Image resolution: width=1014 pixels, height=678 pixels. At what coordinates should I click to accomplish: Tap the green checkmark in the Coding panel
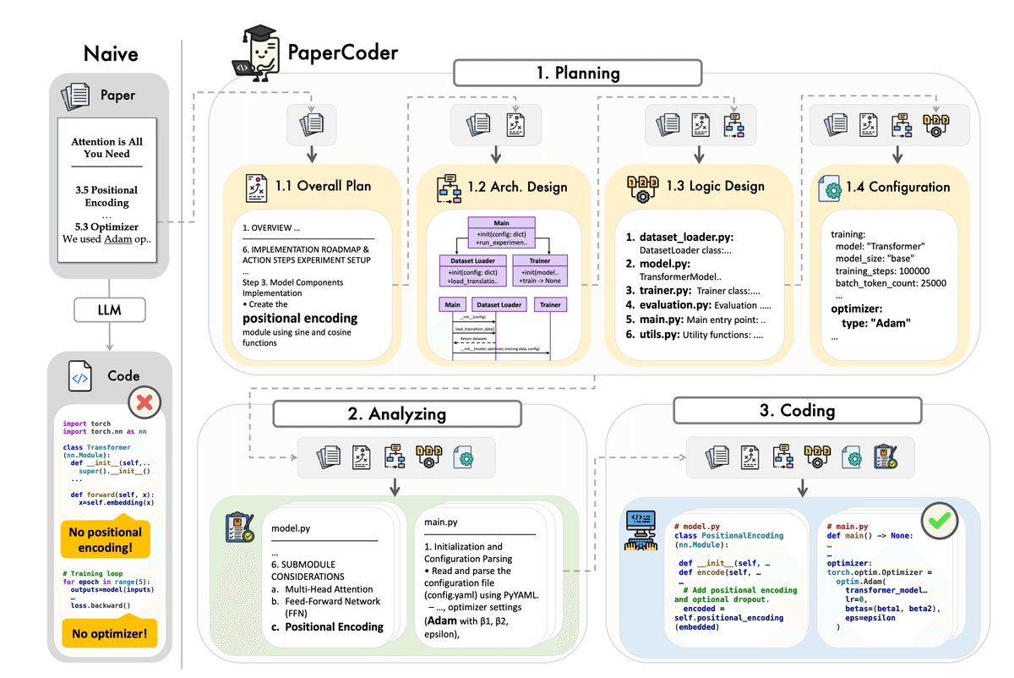coord(938,522)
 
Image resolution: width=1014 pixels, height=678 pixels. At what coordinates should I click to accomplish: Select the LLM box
coord(110,309)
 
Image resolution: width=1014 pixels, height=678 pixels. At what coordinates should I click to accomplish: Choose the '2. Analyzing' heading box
coord(397,414)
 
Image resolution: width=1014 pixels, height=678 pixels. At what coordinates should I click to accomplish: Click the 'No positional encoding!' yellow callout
coord(106,539)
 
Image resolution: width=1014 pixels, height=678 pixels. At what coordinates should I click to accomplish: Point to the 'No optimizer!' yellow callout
coord(109,632)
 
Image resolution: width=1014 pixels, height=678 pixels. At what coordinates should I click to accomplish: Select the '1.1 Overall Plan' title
coord(323,186)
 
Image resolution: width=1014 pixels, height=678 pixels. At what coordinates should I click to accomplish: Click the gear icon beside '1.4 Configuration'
coord(830,188)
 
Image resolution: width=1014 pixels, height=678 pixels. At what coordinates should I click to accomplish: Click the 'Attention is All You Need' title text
coord(106,147)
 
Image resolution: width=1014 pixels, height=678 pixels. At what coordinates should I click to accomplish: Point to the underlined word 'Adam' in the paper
coord(118,238)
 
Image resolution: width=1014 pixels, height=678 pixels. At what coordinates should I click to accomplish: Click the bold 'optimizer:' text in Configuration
coord(858,309)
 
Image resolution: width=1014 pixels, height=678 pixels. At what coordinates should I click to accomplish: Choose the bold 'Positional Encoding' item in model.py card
coord(334,626)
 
